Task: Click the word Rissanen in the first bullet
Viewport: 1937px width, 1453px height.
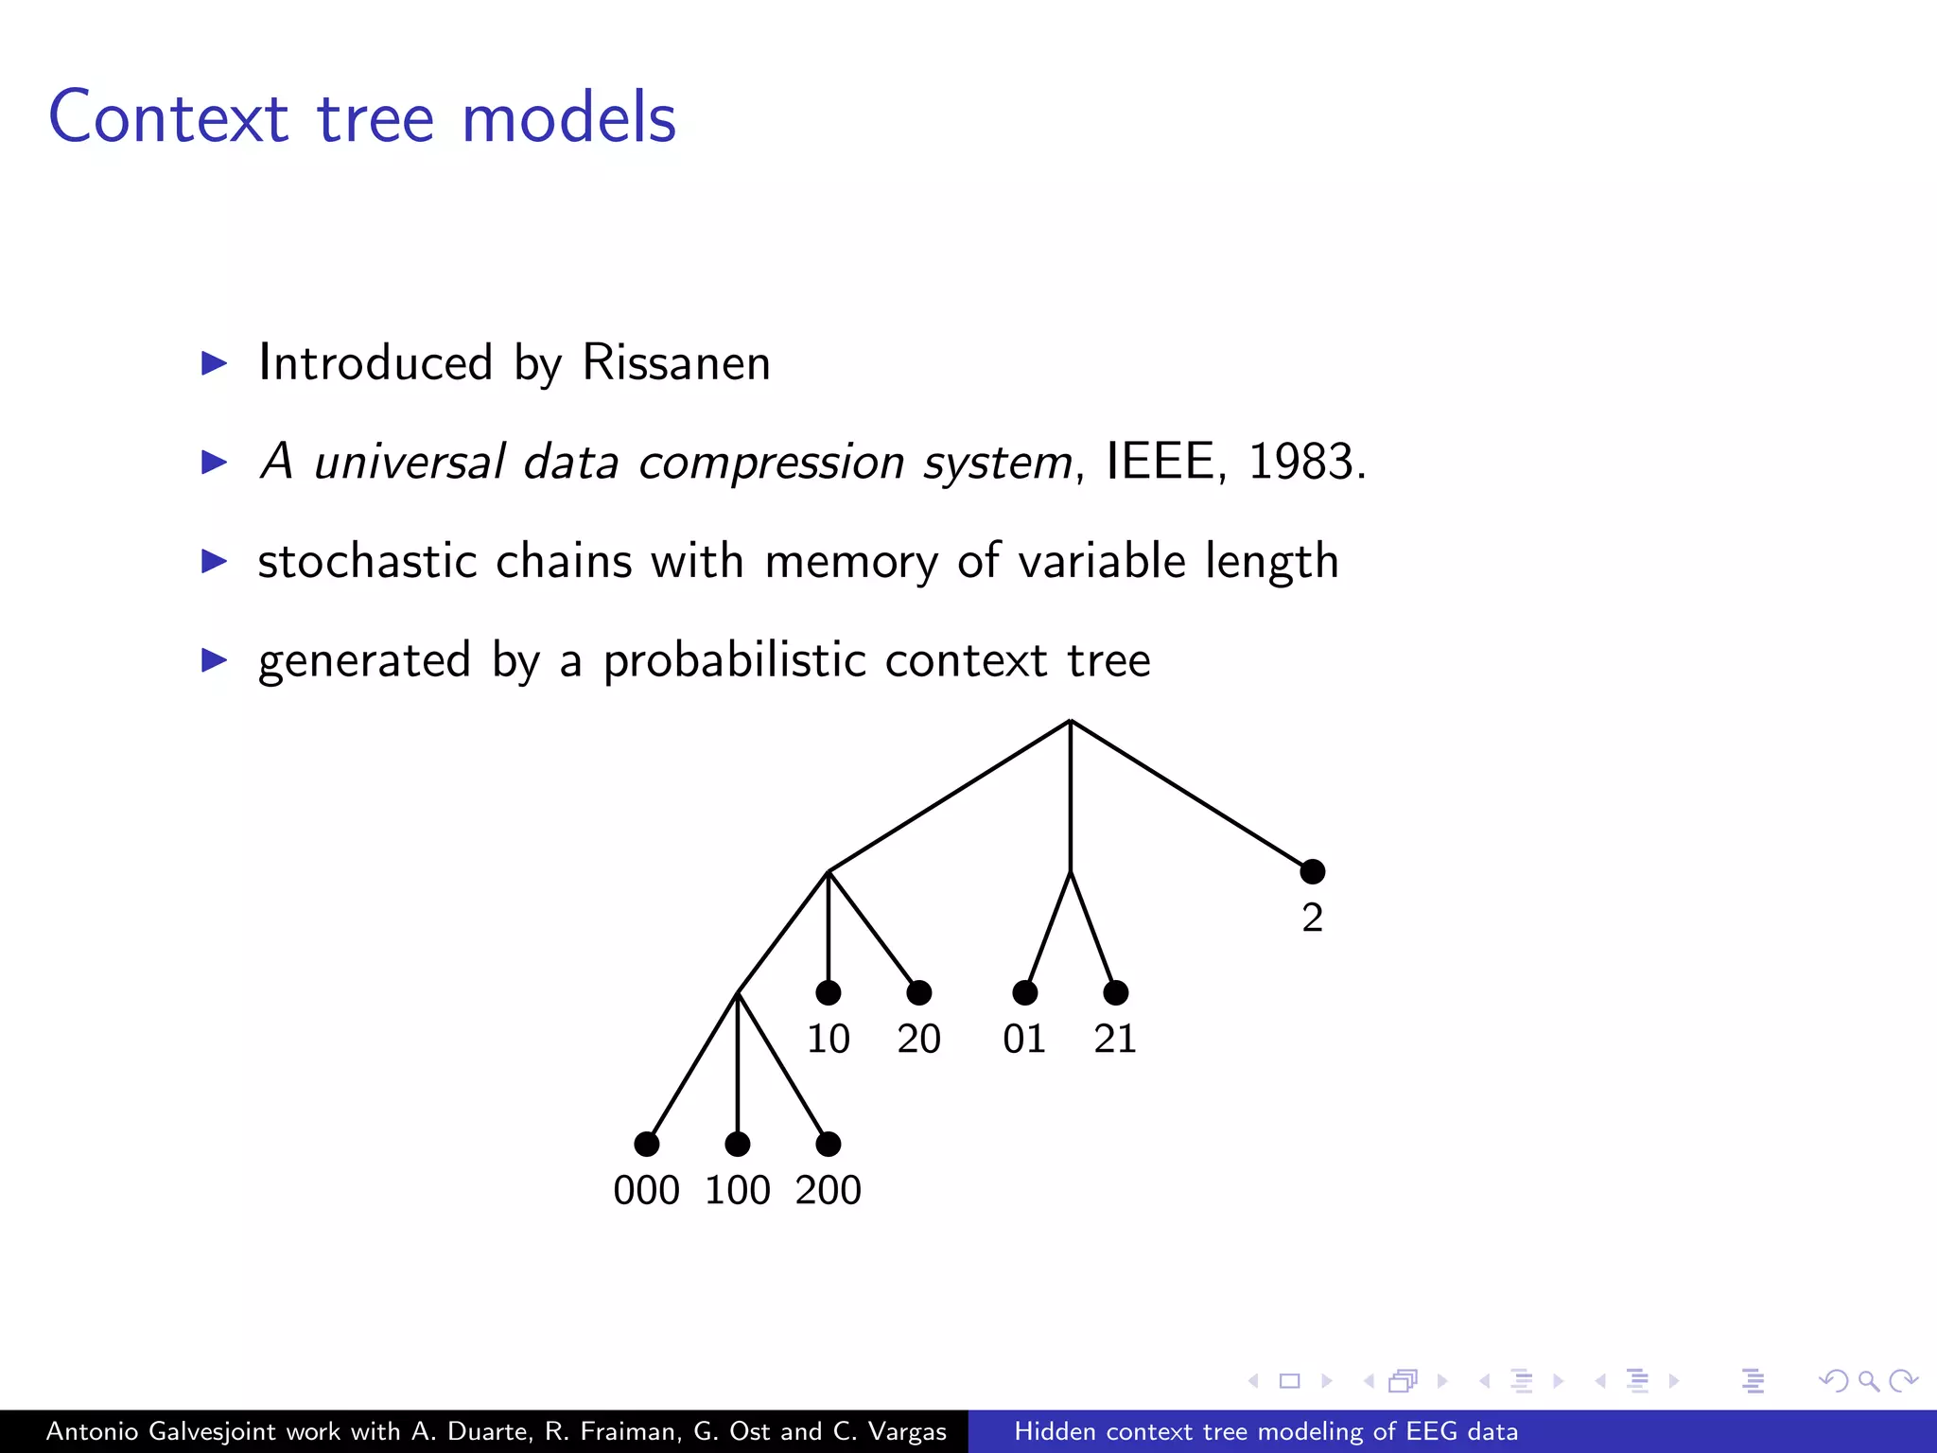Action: click(675, 363)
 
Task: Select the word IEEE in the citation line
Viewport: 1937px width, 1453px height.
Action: click(1160, 463)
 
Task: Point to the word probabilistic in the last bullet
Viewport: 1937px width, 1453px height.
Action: click(734, 660)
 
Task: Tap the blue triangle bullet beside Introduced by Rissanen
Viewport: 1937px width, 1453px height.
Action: click(215, 363)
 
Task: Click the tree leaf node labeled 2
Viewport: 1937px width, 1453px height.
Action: click(1312, 871)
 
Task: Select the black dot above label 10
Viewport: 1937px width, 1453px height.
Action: click(828, 992)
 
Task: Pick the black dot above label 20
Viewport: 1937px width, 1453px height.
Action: click(918, 992)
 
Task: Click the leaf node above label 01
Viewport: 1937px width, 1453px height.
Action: click(1024, 992)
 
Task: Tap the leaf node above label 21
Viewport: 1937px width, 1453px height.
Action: click(1115, 992)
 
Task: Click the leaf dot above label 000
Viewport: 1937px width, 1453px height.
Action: click(646, 1144)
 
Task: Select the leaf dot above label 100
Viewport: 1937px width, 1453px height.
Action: click(737, 1144)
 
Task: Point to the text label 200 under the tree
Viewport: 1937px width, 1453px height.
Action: click(828, 1190)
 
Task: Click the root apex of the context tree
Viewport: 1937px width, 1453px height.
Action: click(1070, 722)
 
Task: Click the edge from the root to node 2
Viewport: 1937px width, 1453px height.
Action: click(1192, 797)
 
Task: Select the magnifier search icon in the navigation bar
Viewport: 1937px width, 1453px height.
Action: click(1868, 1381)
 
